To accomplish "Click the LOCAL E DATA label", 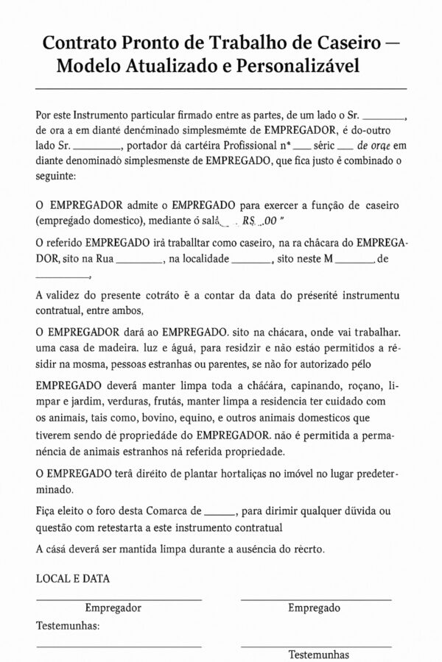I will click(73, 578).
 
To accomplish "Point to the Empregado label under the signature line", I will click(314, 608).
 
